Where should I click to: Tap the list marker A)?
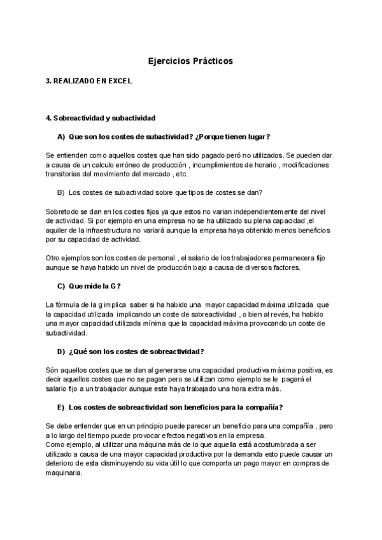tap(61, 136)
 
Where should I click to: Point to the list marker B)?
tap(61, 192)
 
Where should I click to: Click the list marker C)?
tap(61, 286)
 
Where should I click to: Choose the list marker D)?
tap(61, 352)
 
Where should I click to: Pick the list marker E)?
tap(61, 407)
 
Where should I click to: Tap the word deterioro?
tap(60, 464)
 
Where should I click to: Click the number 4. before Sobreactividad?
tap(48, 118)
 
